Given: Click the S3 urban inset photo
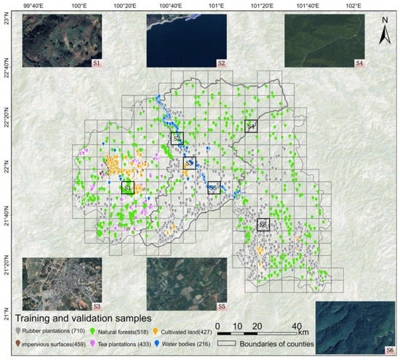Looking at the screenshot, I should tap(62, 284).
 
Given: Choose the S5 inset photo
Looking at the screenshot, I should tap(186, 284).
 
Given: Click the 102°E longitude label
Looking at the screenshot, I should tap(354, 6).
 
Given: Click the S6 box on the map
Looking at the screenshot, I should tap(263, 225).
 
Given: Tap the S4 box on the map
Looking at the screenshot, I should tap(250, 126).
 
